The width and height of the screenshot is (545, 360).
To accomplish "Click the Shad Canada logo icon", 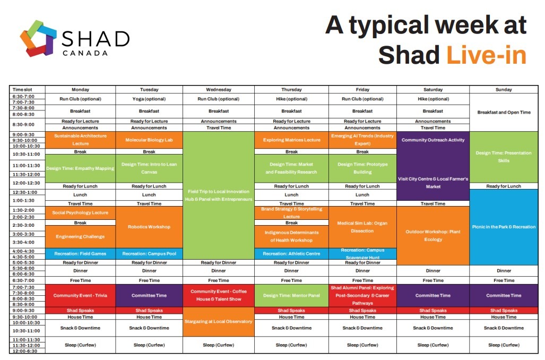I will coord(38,38).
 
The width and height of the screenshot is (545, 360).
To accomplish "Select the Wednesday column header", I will coord(218,90).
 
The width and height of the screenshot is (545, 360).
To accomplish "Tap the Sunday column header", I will coord(504,90).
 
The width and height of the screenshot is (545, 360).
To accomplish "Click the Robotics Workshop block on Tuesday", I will coord(149,227).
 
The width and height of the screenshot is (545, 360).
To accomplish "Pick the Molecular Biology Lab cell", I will coord(149,140).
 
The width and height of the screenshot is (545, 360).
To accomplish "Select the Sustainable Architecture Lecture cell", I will coord(80,140).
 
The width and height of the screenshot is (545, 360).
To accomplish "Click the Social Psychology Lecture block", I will coord(80,212).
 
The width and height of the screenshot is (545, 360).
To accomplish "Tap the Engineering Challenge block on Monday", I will coord(80,236).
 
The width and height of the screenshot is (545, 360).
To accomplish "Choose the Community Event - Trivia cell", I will coord(80,295).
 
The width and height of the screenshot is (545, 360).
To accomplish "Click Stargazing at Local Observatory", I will coord(218,321).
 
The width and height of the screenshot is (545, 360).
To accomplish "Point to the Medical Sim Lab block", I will coord(362,227).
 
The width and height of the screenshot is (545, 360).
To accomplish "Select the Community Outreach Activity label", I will coord(433,140).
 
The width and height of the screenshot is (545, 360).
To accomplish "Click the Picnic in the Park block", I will coord(504,227).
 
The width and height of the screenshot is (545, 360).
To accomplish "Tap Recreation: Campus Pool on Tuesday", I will coord(149,253).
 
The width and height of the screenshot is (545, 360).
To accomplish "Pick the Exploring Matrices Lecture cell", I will coord(291,140).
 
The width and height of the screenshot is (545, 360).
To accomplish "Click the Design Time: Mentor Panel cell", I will coord(291,295).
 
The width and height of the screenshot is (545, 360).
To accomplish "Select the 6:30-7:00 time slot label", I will coord(23,96).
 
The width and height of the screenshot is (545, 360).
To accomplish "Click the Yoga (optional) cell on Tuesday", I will coord(149,99).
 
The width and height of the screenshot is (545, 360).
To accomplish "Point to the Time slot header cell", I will coord(23,90).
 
